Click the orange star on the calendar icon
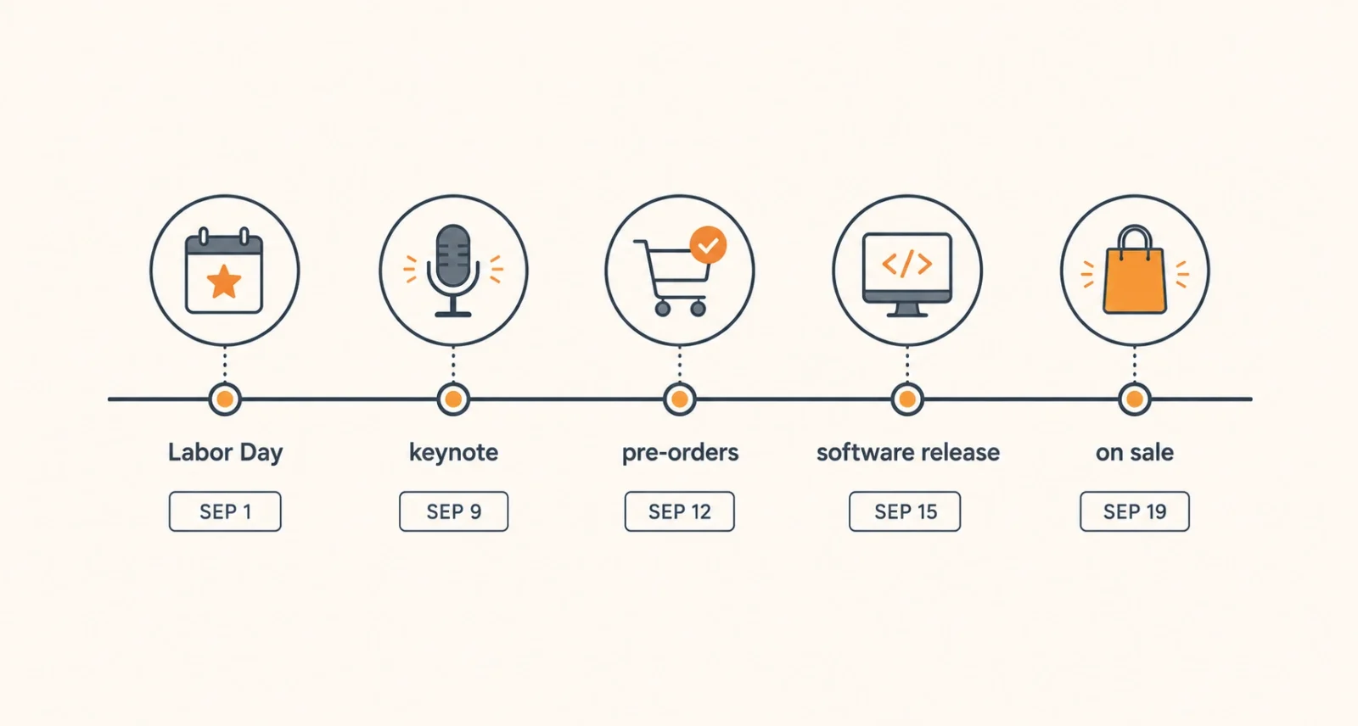(224, 282)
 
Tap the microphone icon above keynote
(453, 271)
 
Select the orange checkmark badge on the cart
(708, 245)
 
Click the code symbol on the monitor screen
(907, 265)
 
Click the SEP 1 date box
(225, 511)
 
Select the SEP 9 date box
(453, 511)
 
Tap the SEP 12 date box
(680, 511)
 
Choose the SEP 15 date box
(905, 511)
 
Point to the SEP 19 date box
(1135, 511)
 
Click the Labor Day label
(226, 453)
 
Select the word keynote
(453, 453)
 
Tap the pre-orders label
(680, 453)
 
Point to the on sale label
(1135, 452)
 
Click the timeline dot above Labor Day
(225, 399)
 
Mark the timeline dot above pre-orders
(680, 399)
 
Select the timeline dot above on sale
(1135, 399)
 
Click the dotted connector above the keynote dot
(453, 364)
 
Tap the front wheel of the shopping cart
(699, 309)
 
